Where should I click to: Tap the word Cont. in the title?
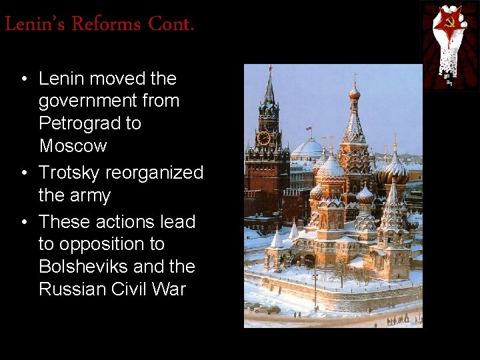pos(171,25)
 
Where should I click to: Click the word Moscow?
pos(73,145)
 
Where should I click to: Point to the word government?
pos(109,101)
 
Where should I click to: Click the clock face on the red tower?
pos(263,137)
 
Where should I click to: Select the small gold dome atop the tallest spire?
pos(355,93)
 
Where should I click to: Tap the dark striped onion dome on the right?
pos(395,171)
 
